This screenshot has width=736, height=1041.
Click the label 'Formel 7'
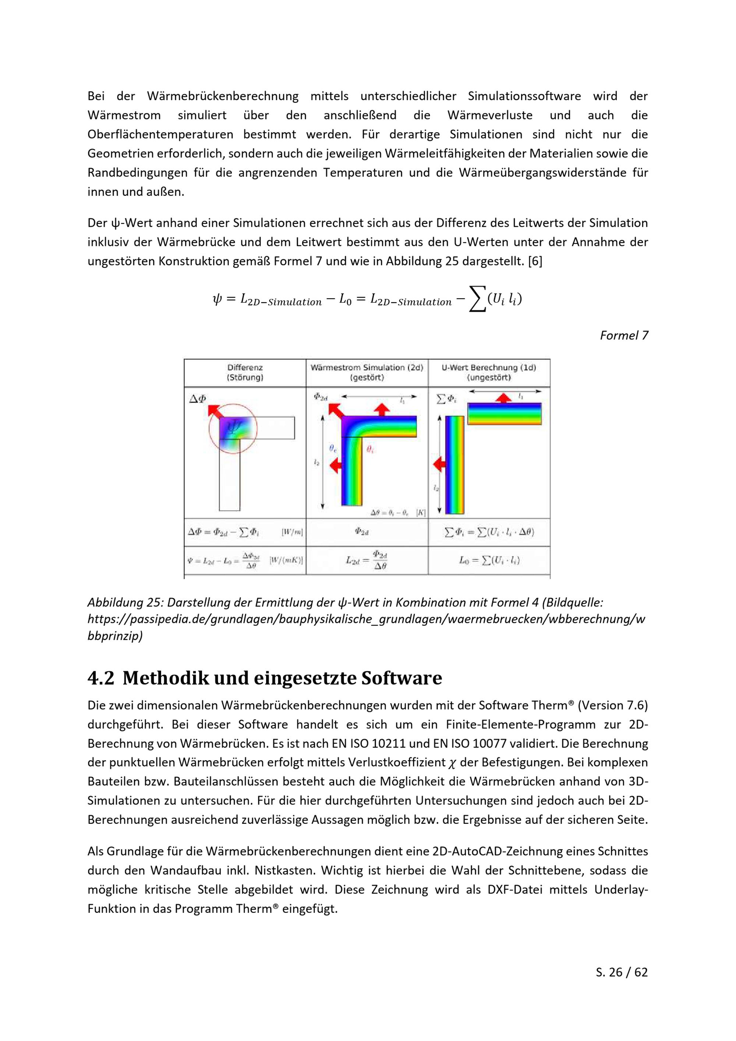(x=624, y=335)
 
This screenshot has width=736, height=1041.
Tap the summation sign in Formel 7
(x=477, y=299)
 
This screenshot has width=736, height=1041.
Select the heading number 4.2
(x=100, y=678)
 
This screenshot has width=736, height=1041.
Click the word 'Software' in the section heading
(x=401, y=678)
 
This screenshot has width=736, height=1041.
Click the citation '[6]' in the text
(x=535, y=262)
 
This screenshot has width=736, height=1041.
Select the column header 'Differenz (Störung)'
(x=245, y=373)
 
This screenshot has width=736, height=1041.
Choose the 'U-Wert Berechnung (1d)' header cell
(x=489, y=373)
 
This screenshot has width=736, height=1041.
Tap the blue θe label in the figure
(x=333, y=448)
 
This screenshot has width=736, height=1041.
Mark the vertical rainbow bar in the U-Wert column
(x=454, y=465)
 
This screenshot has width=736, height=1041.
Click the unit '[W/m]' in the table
(x=292, y=532)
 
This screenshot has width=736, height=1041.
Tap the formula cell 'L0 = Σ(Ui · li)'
(x=489, y=560)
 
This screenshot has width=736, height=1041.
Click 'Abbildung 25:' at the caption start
(x=125, y=603)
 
